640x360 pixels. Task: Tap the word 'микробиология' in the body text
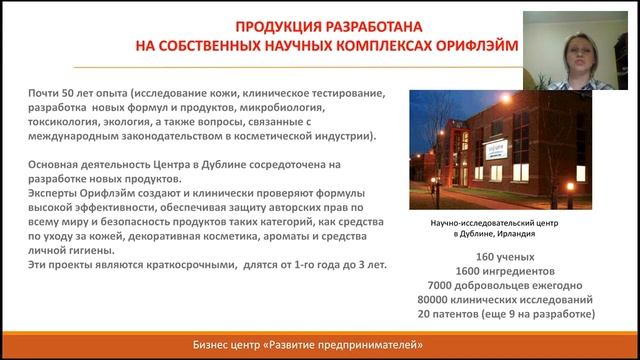[x=300, y=106]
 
